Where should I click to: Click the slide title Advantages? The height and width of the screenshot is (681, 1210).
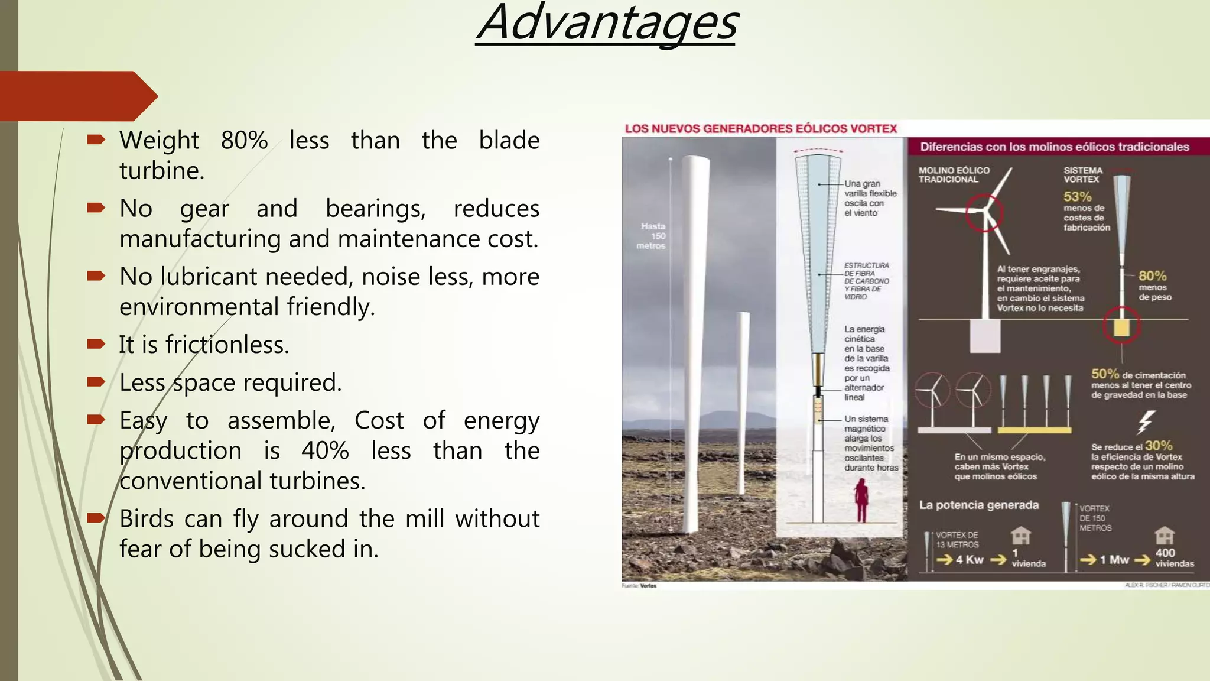click(607, 24)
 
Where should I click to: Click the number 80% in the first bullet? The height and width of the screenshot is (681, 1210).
click(244, 141)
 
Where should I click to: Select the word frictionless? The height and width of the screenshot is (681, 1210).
click(227, 345)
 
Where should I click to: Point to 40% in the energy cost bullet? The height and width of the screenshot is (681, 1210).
click(325, 451)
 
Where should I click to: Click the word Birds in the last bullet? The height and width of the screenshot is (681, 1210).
click(147, 519)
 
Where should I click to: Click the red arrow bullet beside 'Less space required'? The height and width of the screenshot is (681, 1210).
click(96, 382)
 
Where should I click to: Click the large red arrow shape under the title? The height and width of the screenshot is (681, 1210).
click(77, 96)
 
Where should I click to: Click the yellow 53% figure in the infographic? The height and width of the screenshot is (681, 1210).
click(1077, 197)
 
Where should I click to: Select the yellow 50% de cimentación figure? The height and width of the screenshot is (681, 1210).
click(1105, 374)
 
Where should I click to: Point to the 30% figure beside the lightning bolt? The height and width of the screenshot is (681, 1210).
click(1158, 446)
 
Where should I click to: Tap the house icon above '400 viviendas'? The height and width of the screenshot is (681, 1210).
click(1164, 536)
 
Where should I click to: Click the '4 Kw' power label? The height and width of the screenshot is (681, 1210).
click(969, 560)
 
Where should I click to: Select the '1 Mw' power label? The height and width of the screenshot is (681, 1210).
click(1114, 560)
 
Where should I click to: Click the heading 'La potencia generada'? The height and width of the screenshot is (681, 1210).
click(978, 505)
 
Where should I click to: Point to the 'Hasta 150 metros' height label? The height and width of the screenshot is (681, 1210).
click(652, 236)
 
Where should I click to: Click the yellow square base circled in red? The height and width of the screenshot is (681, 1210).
click(1121, 327)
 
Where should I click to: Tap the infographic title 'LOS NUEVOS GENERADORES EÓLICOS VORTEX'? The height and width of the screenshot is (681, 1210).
click(761, 128)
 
